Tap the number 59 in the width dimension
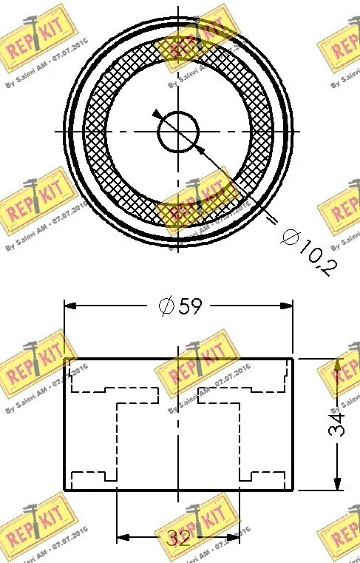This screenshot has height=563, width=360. tap(189, 305)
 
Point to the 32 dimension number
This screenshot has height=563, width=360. tap(177, 538)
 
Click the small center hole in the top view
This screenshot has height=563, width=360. tap(179, 132)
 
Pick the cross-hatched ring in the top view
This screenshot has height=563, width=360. tap(96, 133)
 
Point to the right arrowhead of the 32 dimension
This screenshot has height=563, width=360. tap(233, 537)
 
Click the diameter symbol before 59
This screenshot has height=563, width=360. tap(166, 305)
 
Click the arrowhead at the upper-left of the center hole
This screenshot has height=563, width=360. tap(157, 113)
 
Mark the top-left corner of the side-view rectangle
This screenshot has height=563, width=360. tap(65, 359)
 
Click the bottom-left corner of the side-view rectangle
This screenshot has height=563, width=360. tap(65, 489)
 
